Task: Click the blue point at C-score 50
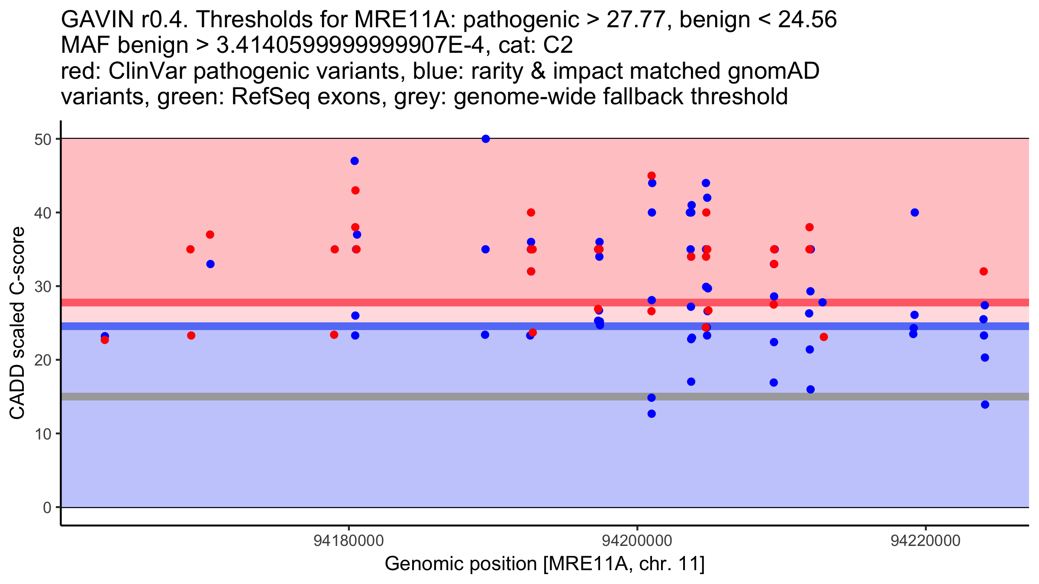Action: click(486, 139)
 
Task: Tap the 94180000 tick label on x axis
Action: click(349, 541)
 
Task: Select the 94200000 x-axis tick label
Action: click(637, 541)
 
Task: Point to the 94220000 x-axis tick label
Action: click(926, 541)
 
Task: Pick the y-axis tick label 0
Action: click(47, 508)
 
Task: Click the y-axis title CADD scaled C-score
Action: click(17, 324)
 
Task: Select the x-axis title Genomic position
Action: click(545, 564)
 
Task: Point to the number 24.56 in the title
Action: click(807, 20)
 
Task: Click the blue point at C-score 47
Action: click(355, 161)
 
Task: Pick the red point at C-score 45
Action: click(652, 176)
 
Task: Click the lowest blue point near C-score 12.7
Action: click(652, 414)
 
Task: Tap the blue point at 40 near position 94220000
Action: click(915, 212)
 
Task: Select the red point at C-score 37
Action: click(210, 234)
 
